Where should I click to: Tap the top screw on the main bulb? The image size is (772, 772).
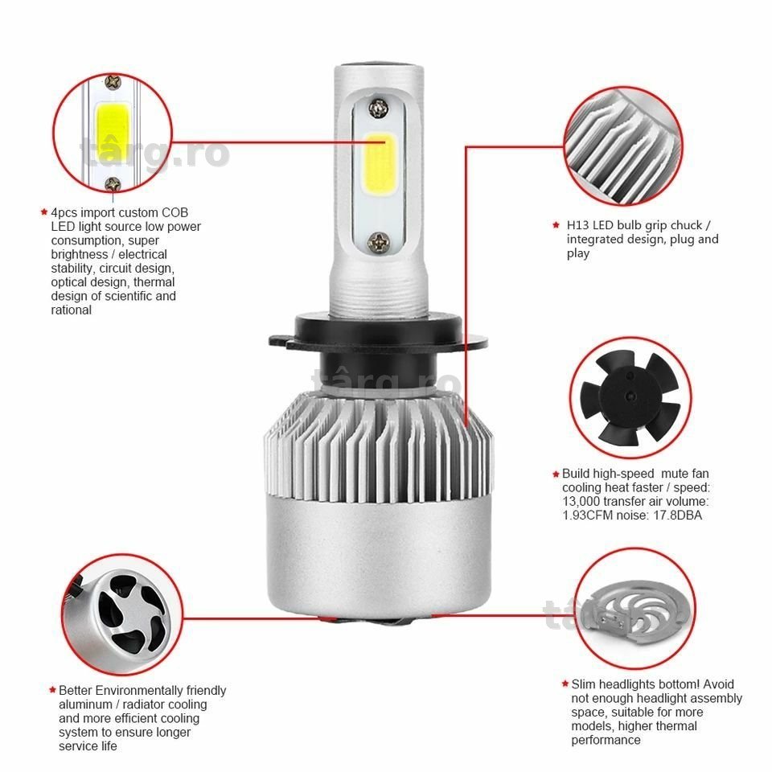coord(379,106)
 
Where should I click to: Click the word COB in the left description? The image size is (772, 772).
coord(175,212)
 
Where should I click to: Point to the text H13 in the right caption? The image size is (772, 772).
coord(577,225)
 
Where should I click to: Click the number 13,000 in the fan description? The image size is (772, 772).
coord(581,502)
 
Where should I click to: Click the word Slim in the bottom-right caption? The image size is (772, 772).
coord(583,684)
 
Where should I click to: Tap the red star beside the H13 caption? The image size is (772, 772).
coord(556,225)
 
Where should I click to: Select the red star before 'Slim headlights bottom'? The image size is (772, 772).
coord(565,684)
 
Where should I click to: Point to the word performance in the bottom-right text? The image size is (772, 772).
coord(606,741)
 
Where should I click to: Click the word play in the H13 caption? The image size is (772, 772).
coord(577,254)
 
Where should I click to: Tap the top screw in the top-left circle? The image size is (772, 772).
coord(113,82)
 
